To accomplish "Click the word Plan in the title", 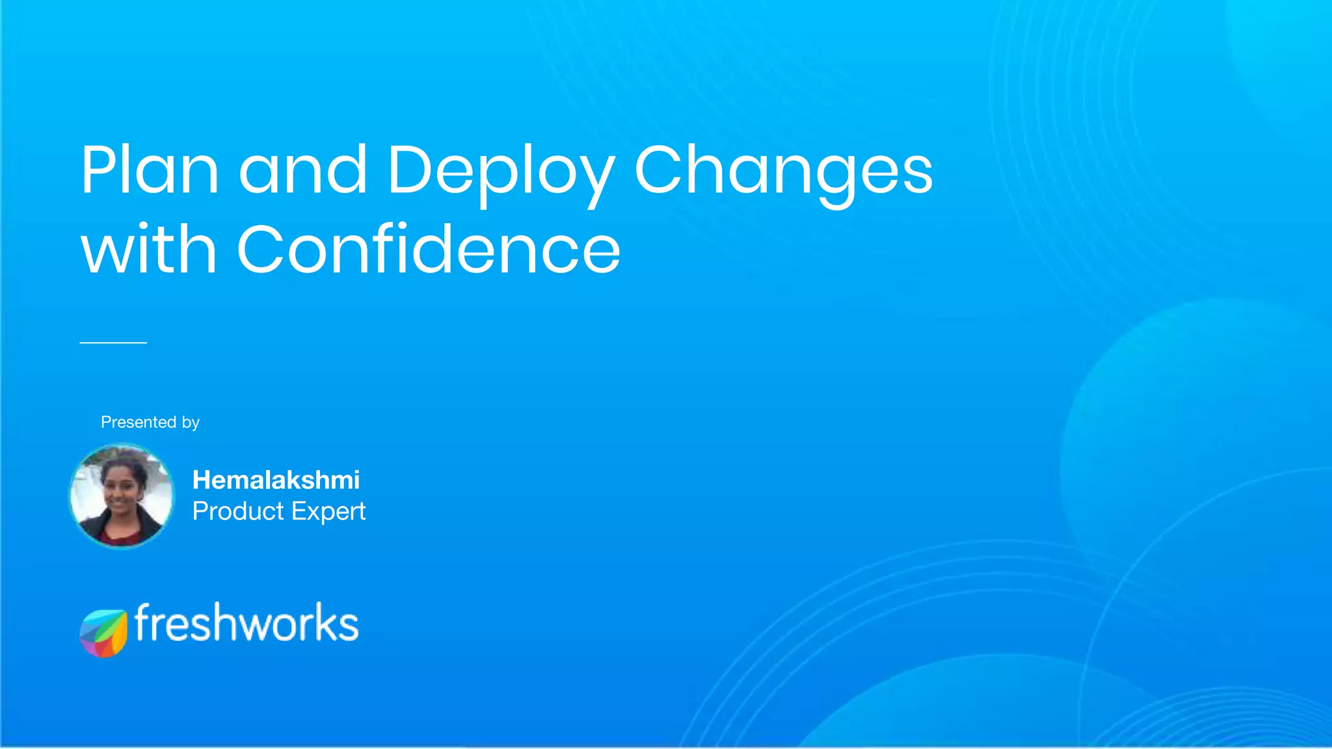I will click(150, 170).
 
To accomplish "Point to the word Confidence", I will click(429, 250).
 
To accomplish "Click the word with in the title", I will click(148, 250).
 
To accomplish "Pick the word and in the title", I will click(303, 170).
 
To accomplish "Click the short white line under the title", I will click(113, 342).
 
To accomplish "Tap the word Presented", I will click(139, 422).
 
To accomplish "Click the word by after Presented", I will click(191, 423).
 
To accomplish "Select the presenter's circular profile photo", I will click(122, 495).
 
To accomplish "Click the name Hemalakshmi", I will click(276, 480).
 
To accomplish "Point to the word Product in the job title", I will click(239, 511).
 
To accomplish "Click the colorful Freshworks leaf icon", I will click(103, 633).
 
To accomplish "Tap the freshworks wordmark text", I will click(246, 623).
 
